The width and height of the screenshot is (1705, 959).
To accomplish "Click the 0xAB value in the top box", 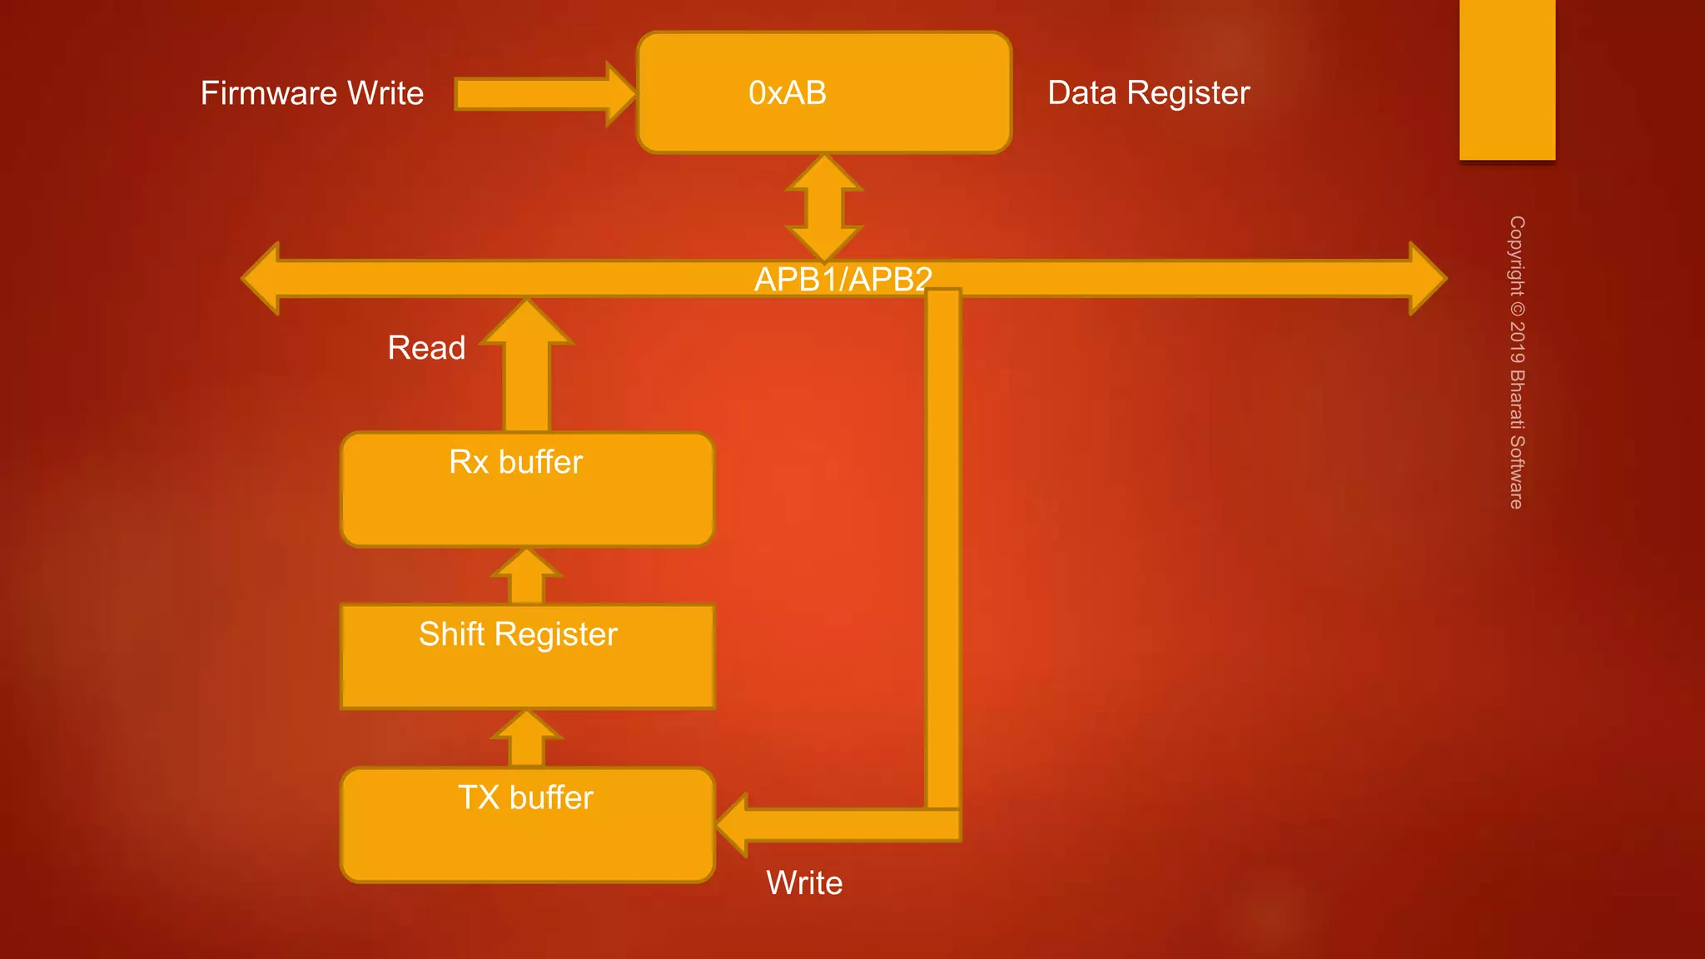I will coord(787,92).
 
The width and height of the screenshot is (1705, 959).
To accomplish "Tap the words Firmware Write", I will coord(312,93).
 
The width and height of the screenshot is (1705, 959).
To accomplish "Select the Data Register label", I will coord(1148,92).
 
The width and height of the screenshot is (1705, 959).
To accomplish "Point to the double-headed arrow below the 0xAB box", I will coord(824,208).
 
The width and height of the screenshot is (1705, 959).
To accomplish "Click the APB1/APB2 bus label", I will coord(843,279).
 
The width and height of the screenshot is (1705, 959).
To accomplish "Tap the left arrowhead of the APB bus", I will coord(262,278).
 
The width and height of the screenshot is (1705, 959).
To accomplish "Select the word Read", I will coord(426,348).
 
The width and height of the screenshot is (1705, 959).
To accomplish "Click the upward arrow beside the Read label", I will coord(527,366).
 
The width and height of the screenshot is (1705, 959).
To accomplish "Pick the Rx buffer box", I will coord(527,489).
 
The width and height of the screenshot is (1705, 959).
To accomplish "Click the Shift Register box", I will coord(527,657).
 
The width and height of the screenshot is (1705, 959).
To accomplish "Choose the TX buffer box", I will coord(527,825).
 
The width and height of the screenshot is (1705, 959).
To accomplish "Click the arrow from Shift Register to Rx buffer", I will coord(527,576).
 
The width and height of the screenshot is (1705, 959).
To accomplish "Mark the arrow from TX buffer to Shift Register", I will coord(527,738).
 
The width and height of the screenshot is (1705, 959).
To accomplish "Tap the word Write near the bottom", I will coord(804,882).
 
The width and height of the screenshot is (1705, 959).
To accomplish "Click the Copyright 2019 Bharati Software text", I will coord(1517,362).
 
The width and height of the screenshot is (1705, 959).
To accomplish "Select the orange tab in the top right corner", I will coord(1507,79).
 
